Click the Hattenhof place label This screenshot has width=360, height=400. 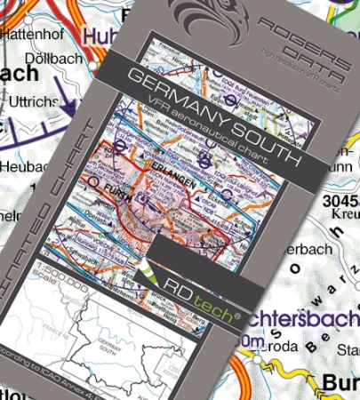[36, 35]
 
